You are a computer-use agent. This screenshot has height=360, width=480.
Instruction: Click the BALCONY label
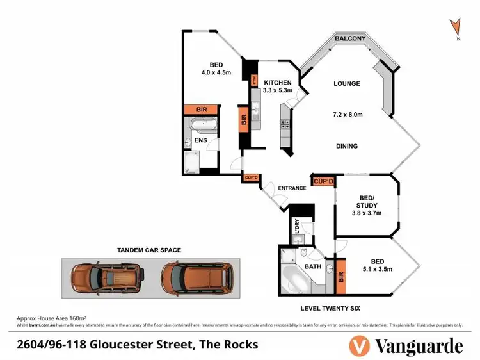coord(350,39)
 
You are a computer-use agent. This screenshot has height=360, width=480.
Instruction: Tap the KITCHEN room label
coord(278,83)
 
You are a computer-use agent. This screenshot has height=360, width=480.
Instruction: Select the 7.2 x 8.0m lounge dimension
coord(348,115)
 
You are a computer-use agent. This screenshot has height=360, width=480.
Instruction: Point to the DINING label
coord(347,146)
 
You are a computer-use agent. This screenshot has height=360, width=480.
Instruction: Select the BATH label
coord(312,266)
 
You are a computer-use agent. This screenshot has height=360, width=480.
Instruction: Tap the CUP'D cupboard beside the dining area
coord(323,182)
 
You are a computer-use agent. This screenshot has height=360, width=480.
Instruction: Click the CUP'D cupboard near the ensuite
coord(250,177)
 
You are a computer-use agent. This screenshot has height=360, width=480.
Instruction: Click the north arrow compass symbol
coord(456,28)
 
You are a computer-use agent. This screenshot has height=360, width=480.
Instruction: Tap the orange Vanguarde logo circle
coord(359,346)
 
